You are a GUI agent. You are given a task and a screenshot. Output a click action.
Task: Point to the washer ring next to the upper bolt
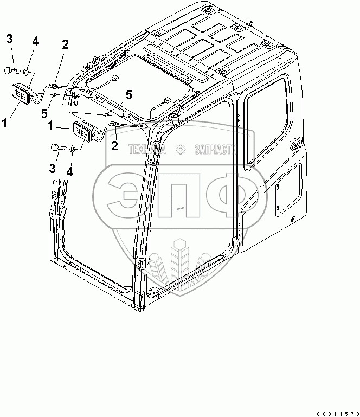[x=27, y=70]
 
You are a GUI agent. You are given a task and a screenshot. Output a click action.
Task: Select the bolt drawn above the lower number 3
[x=57, y=147]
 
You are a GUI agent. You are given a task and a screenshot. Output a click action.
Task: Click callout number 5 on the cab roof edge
[x=128, y=95]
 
